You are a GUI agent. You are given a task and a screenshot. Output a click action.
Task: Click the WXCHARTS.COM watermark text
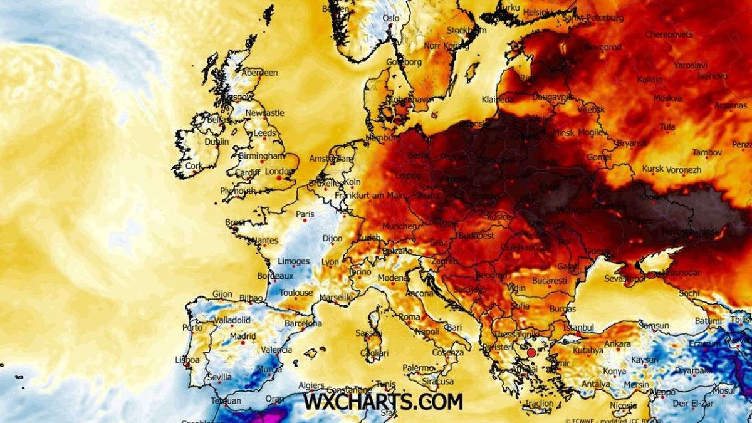(383, 401)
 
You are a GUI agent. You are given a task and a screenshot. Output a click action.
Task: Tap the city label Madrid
(243, 336)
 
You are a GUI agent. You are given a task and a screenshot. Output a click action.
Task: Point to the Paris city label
(305, 214)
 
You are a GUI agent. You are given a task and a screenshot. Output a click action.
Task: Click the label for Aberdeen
(259, 73)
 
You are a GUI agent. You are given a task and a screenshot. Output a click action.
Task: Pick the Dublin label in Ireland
(217, 142)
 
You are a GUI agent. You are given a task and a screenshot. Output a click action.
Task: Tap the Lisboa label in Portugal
(187, 360)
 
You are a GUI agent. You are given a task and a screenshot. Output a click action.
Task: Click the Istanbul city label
(578, 327)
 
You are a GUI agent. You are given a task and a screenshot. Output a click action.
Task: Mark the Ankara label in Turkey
(618, 343)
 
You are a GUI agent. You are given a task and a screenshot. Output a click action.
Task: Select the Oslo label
(391, 19)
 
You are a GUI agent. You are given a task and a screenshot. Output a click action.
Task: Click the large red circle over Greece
(532, 353)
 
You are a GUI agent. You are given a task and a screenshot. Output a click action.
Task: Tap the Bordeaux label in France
(275, 276)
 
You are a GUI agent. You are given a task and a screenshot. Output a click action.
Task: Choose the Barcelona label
(303, 324)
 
